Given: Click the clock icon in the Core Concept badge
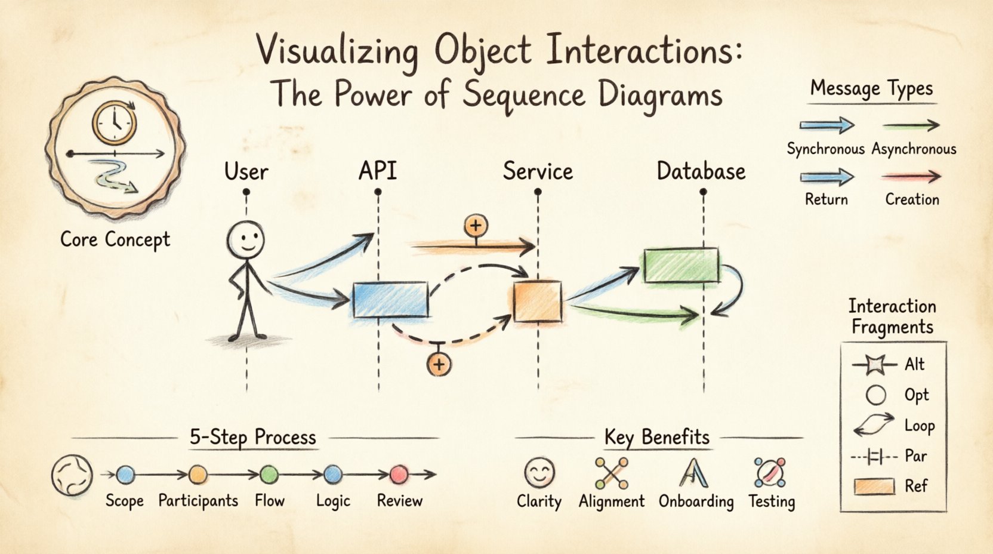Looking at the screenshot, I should [x=114, y=122].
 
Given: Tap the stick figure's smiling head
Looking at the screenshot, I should [x=245, y=239].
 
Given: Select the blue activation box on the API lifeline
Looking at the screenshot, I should [x=390, y=300].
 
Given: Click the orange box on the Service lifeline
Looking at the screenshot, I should [x=538, y=301].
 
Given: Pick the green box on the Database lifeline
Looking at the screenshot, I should [x=681, y=266].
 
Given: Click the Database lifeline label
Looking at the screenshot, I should [x=701, y=172].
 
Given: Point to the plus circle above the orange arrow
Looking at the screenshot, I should [x=476, y=226].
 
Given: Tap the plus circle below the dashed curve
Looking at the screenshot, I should [x=439, y=364].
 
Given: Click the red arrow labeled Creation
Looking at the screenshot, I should [x=911, y=177].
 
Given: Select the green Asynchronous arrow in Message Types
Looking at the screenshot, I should [x=911, y=125].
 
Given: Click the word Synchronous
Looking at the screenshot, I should [x=825, y=149].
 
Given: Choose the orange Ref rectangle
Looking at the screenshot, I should [x=874, y=487].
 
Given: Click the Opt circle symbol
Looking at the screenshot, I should [x=875, y=395].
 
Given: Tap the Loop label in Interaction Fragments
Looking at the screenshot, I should [x=919, y=426].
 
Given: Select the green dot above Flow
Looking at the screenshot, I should [x=269, y=475].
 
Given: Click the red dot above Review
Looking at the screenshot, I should [x=399, y=475].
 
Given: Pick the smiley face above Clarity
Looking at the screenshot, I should [x=539, y=472].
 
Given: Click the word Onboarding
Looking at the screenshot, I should [x=696, y=501].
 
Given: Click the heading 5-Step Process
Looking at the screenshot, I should [x=252, y=437].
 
